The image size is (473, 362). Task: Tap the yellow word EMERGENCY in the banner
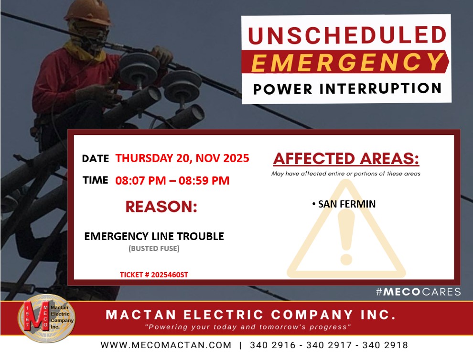(347, 62)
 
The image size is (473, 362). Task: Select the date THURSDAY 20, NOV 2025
(182, 158)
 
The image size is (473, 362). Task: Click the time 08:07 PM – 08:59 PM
(172, 181)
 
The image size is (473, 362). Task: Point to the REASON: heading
(161, 207)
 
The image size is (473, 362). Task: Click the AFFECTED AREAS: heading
(346, 159)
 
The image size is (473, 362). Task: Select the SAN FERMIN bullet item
(344, 204)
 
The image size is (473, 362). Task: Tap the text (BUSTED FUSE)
(154, 249)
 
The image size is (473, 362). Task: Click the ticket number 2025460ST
(170, 275)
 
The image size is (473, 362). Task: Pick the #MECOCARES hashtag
(419, 292)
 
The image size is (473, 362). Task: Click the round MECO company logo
(46, 318)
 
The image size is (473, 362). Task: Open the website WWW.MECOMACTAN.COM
(166, 345)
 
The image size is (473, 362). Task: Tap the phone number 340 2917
(329, 345)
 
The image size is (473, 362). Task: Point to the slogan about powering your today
(248, 327)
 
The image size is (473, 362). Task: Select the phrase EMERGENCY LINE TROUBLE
(154, 236)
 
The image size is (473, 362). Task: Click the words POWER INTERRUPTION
(347, 89)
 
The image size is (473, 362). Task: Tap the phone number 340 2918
(385, 345)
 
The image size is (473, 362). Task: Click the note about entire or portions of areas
(346, 174)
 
